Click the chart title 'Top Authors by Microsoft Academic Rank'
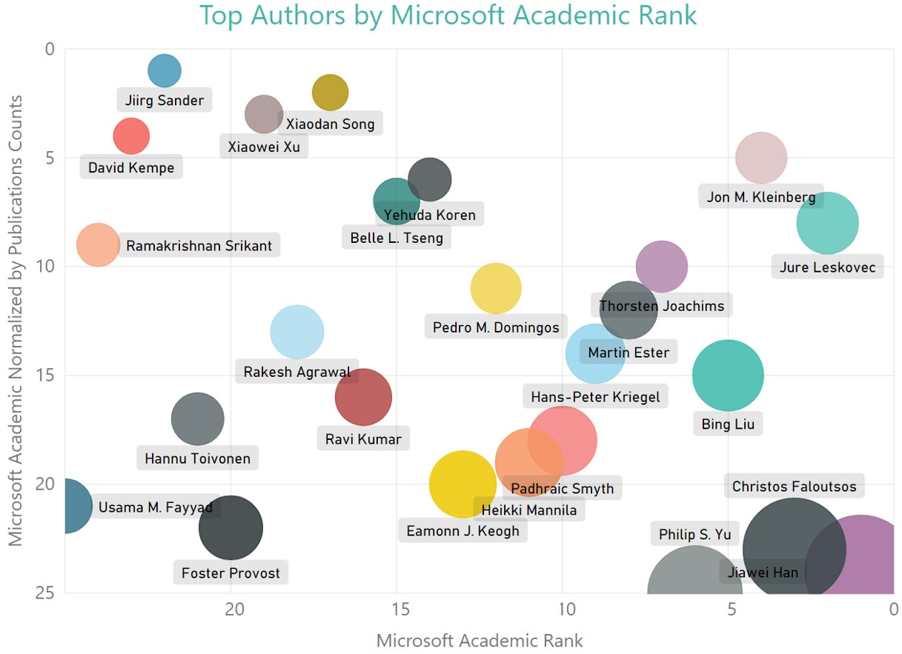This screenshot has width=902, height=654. point(448,15)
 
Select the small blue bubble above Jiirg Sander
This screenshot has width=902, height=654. point(165,71)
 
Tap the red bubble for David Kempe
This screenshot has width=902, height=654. point(131,136)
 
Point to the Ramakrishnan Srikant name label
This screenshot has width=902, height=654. point(199,246)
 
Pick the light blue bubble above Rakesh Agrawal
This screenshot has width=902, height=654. point(297,332)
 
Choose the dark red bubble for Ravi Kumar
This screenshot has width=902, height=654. point(363,397)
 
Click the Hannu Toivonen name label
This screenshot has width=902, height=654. point(197,458)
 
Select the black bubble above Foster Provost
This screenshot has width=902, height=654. point(231,527)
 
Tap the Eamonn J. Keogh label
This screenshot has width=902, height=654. point(462,531)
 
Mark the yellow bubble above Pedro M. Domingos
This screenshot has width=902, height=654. point(496,288)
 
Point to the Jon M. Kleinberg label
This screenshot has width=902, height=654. point(760,197)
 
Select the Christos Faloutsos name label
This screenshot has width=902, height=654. point(794,487)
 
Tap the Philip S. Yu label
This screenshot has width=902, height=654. point(694,534)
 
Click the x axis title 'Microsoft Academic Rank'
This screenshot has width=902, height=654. point(480,641)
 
